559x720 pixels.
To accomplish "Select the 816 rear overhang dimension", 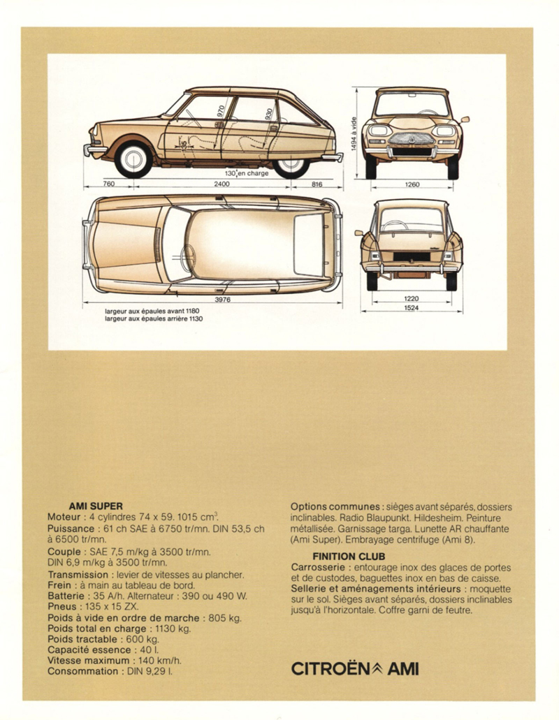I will click(316, 184).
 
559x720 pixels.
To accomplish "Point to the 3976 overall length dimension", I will click(222, 300).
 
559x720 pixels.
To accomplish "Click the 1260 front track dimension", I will click(412, 185).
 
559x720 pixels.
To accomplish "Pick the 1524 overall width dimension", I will click(412, 309).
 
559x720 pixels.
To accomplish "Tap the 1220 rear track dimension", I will click(412, 298).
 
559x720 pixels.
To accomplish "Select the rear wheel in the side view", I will click(291, 161).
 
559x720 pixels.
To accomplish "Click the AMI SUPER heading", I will click(96, 506).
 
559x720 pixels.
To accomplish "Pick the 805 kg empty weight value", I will click(226, 618).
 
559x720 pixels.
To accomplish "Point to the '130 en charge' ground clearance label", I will click(247, 172).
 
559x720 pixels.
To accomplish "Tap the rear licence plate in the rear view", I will click(412, 258).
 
